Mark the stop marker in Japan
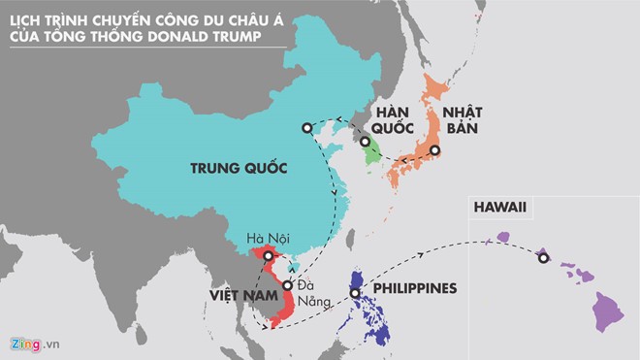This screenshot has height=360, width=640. tap(435, 150)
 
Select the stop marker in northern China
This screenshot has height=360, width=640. tap(306, 127)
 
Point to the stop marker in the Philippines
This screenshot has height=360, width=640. tap(356, 292)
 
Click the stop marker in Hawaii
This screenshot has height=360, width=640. tap(543, 257)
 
